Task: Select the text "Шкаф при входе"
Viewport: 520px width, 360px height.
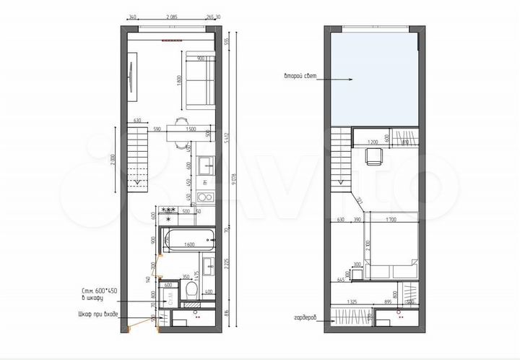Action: [x=98, y=314]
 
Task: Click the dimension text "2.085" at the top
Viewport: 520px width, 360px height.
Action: [x=173, y=17]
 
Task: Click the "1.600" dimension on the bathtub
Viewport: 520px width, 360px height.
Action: [x=190, y=246]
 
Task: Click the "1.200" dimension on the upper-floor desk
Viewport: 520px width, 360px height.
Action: [x=373, y=142]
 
